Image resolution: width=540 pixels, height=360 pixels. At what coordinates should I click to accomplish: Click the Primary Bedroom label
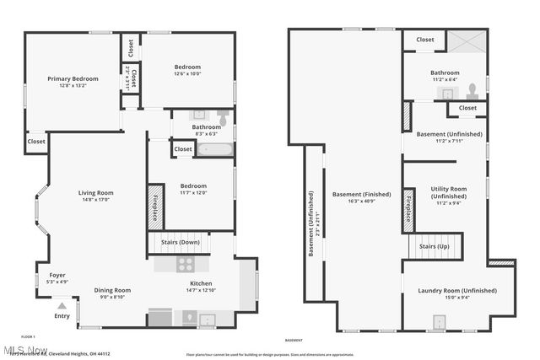(x=73, y=79)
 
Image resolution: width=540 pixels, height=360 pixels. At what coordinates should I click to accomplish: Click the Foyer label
(x=57, y=275)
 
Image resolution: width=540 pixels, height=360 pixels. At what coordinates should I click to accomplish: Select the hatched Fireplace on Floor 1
(x=155, y=205)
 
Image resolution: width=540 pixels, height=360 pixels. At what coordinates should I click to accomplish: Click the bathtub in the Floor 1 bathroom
(x=217, y=149)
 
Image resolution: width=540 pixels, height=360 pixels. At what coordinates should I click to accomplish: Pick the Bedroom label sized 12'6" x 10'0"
(x=187, y=67)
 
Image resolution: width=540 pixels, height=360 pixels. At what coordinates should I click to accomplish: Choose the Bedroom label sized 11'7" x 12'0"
(x=193, y=185)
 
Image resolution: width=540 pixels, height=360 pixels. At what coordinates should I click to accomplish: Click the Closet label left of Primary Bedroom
(x=36, y=142)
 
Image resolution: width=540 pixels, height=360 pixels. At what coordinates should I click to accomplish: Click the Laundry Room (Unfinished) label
(x=457, y=291)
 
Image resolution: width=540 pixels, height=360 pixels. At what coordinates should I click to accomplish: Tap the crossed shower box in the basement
(x=464, y=40)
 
